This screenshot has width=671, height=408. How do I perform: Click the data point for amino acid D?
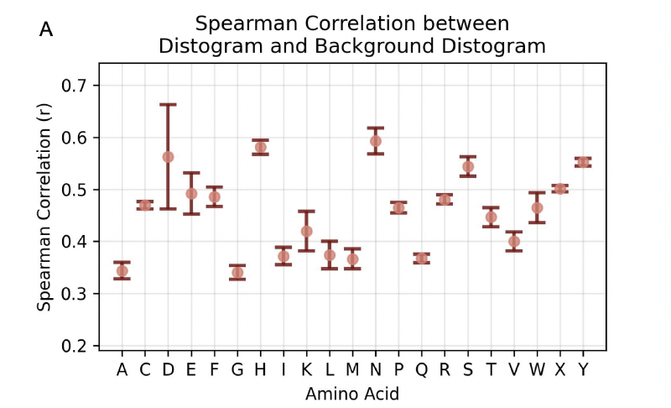click(x=168, y=157)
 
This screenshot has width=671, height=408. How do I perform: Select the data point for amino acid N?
click(x=375, y=141)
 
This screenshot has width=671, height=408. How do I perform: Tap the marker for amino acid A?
click(x=122, y=270)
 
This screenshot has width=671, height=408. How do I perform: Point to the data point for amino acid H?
click(x=260, y=147)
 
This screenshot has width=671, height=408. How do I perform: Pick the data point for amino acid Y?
click(x=583, y=162)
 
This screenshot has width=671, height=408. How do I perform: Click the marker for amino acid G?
click(x=237, y=272)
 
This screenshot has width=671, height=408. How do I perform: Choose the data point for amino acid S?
click(x=468, y=166)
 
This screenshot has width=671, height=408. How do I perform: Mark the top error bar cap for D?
click(x=168, y=104)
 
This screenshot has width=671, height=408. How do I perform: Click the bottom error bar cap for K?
click(x=306, y=250)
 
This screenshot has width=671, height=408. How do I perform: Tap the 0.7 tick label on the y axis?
click(x=81, y=86)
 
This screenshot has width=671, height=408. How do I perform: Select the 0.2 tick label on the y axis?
click(x=81, y=346)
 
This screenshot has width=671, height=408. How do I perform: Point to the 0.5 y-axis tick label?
click(x=81, y=190)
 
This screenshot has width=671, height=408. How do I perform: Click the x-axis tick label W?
click(x=537, y=369)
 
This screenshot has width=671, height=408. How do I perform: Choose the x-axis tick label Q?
click(x=421, y=369)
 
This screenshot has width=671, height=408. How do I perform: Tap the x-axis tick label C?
click(x=145, y=369)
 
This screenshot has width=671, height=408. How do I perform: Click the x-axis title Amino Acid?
click(x=351, y=393)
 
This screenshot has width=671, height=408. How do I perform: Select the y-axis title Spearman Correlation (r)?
click(x=44, y=216)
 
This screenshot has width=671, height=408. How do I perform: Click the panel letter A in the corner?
click(x=46, y=30)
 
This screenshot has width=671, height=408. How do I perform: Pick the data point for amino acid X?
click(x=560, y=188)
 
